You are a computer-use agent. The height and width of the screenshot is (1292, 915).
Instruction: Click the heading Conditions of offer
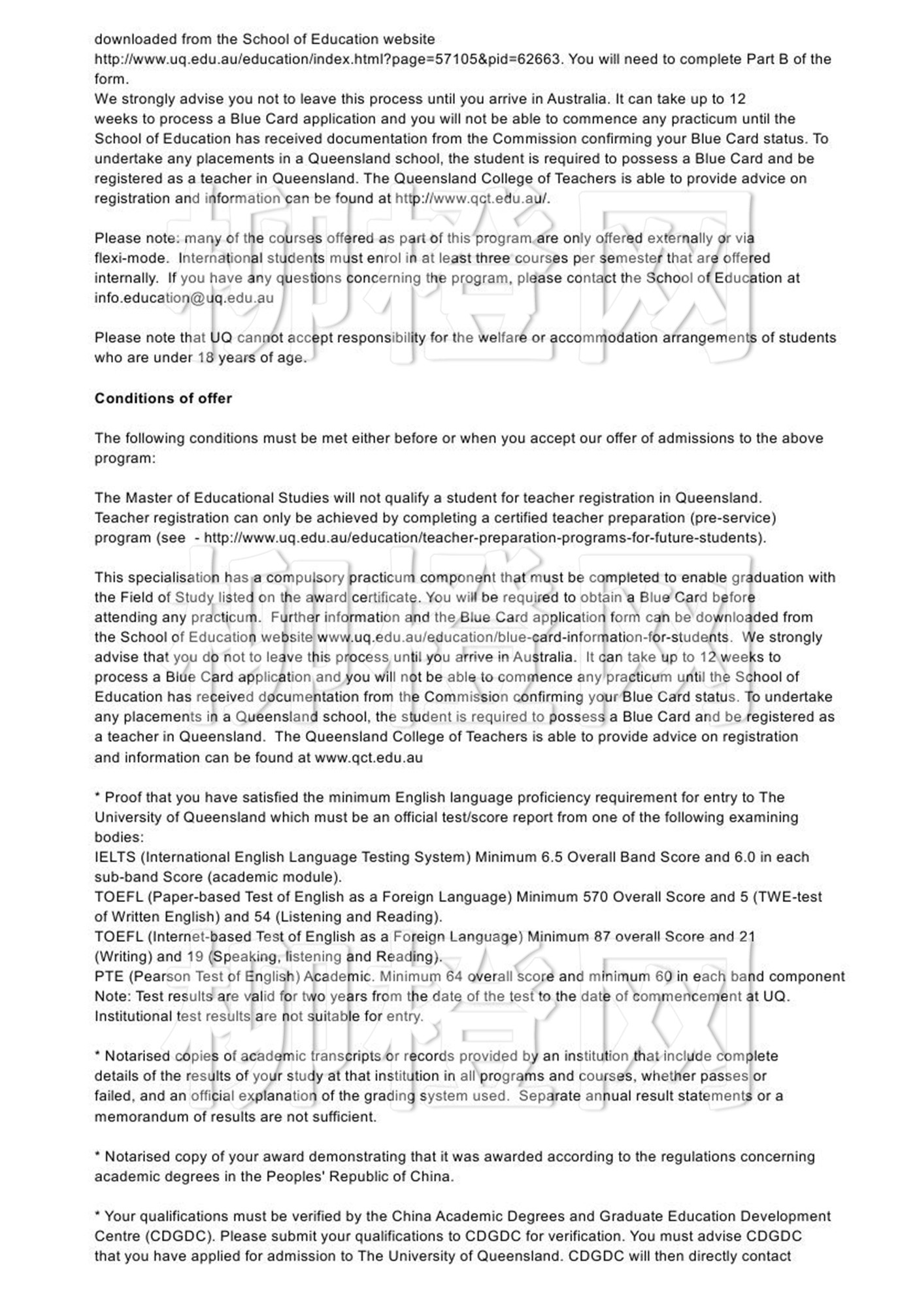[163, 398]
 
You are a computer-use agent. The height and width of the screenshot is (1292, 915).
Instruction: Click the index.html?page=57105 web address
[327, 59]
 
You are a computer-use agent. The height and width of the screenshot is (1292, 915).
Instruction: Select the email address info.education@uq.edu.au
[184, 298]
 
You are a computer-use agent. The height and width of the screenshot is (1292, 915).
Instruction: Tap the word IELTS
[114, 857]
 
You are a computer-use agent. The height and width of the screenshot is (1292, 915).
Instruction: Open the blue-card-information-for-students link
[523, 637]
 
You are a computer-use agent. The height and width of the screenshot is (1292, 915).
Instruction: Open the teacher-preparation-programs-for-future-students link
[484, 538]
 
